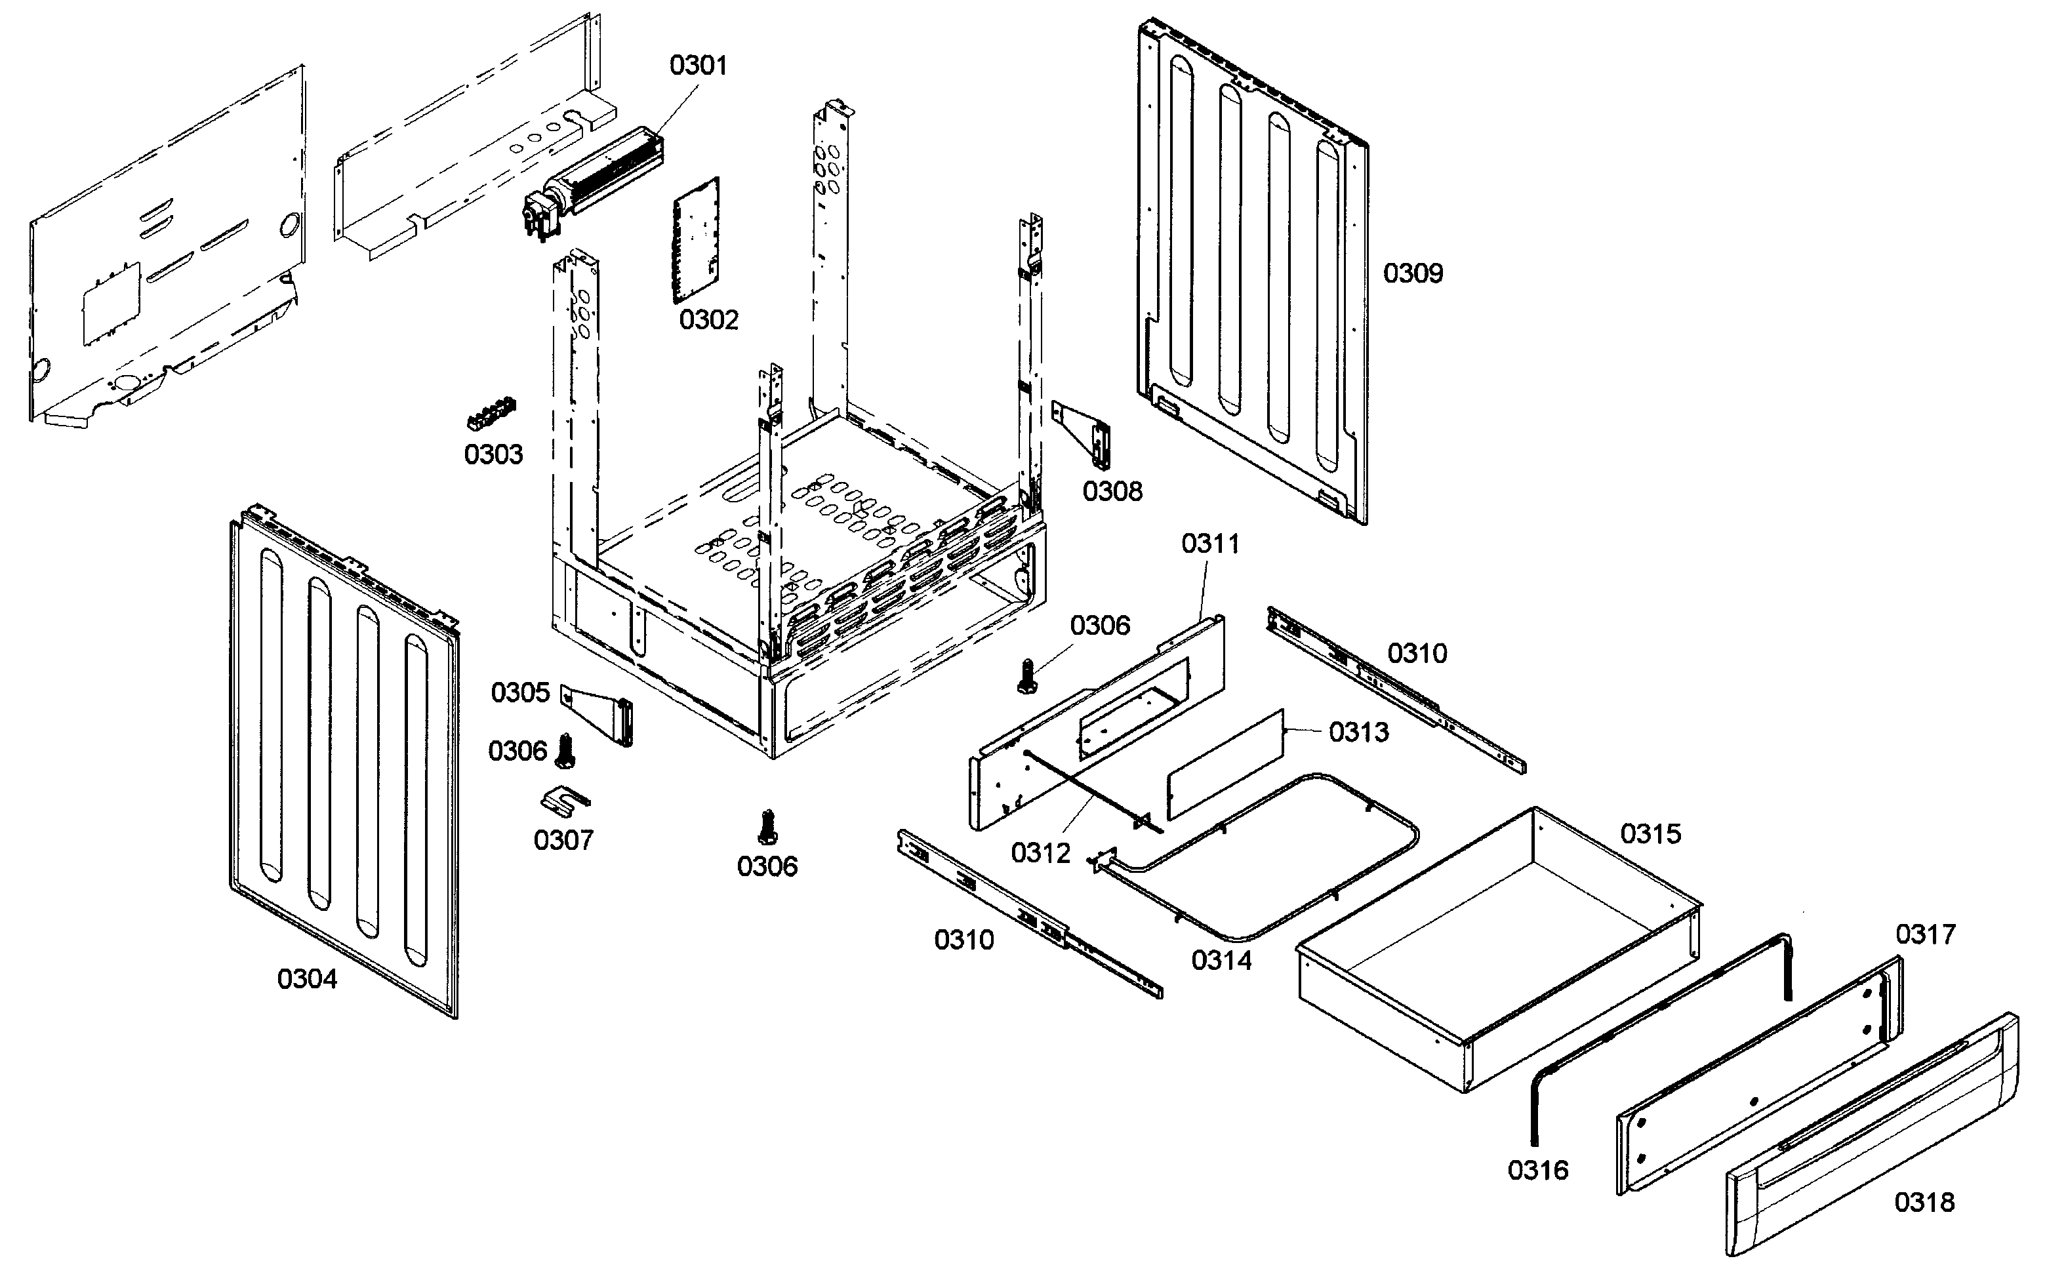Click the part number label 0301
pyautogui.click(x=698, y=66)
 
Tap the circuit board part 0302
pyautogui.click(x=696, y=240)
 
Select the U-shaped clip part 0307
pyautogui.click(x=565, y=801)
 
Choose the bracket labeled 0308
pyautogui.click(x=1084, y=433)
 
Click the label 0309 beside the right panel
pyautogui.click(x=1413, y=273)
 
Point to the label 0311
pyautogui.click(x=1209, y=544)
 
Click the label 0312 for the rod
pyautogui.click(x=1041, y=853)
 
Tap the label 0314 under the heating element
pyautogui.click(x=1221, y=961)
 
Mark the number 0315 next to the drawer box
pyautogui.click(x=1650, y=834)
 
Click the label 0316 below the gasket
pyautogui.click(x=1537, y=1171)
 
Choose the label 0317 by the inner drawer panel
pyautogui.click(x=1925, y=934)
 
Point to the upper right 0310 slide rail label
pyautogui.click(x=1417, y=653)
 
